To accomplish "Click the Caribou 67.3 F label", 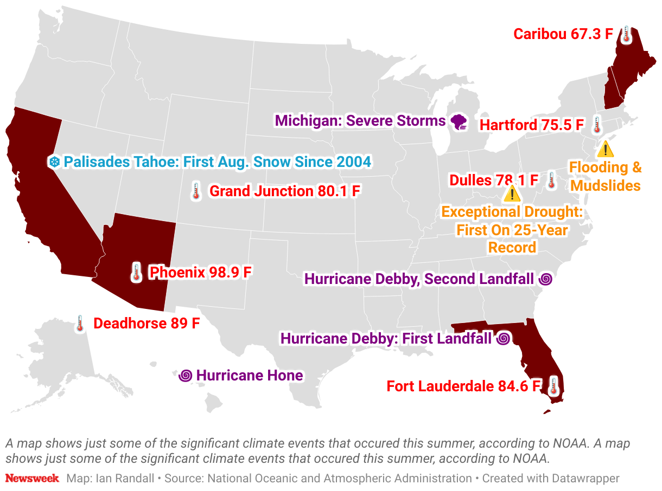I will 563,34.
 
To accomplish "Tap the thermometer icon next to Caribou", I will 626,34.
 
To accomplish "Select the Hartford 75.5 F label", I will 531,125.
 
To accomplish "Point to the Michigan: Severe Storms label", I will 360,120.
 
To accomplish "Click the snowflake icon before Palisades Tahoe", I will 54,162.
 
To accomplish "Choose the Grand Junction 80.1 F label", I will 285,191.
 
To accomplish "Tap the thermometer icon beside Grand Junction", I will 196,191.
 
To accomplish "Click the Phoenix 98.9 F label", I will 200,272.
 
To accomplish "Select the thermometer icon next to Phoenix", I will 136,272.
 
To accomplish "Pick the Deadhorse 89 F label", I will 147,324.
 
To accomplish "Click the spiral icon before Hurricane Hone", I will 186,375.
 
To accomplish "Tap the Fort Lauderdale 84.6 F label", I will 464,386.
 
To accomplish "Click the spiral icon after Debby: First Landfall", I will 503,339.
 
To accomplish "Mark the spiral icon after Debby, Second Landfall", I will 545,280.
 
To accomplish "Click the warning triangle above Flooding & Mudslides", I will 605,148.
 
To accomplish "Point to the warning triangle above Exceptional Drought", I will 512,193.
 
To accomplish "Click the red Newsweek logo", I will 32,479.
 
